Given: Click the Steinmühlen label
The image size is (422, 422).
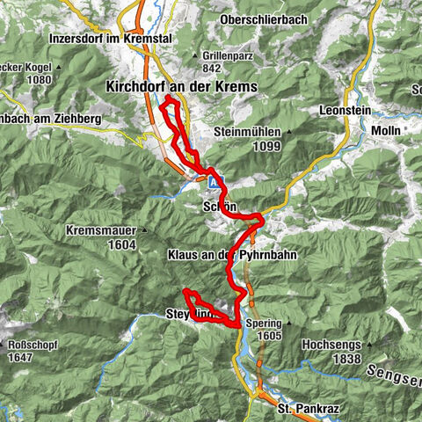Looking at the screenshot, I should point(248,132).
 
